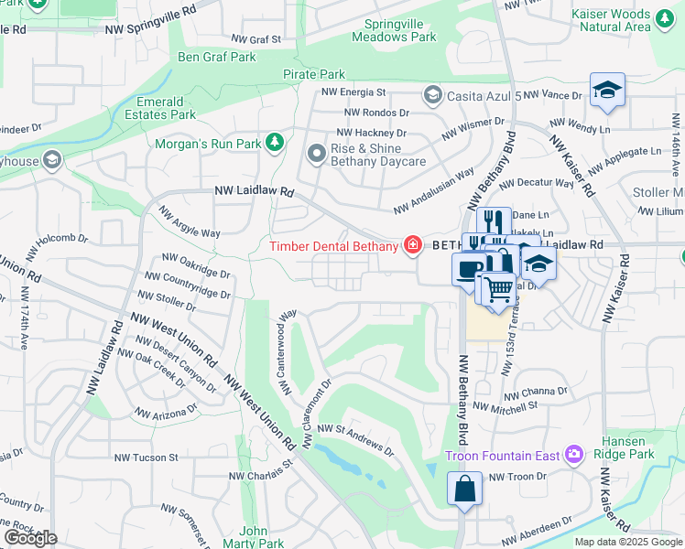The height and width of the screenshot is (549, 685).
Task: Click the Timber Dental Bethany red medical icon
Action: (412, 245)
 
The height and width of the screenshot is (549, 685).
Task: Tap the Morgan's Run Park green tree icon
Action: (273, 142)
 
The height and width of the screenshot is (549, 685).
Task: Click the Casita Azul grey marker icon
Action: (432, 95)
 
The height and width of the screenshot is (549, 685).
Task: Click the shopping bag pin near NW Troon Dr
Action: (464, 487)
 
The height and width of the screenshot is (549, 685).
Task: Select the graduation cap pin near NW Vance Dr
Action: (606, 91)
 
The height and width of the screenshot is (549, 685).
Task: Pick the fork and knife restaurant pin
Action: (494, 221)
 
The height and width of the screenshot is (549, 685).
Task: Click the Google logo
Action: (30, 537)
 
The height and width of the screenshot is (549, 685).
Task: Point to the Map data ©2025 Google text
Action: (628, 542)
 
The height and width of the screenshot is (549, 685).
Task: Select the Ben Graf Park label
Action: (217, 57)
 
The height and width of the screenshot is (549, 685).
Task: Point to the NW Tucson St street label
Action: (146, 457)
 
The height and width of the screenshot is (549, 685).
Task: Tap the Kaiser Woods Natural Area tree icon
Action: (665, 16)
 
